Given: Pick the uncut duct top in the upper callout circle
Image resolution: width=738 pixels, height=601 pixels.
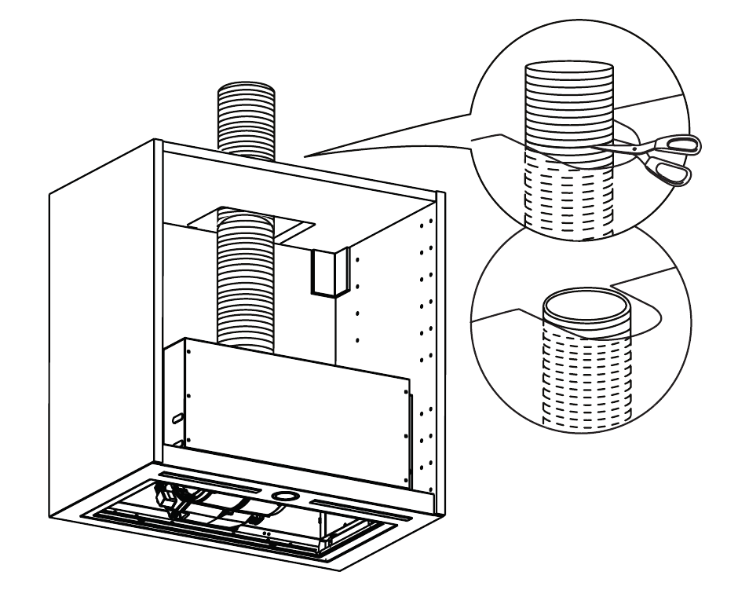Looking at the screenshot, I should point(569,71).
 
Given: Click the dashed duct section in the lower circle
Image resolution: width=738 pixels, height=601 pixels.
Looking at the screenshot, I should point(586,377).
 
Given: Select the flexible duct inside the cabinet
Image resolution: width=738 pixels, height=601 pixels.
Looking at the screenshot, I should point(247,283).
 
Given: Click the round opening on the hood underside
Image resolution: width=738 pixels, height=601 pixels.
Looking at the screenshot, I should point(285,497).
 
